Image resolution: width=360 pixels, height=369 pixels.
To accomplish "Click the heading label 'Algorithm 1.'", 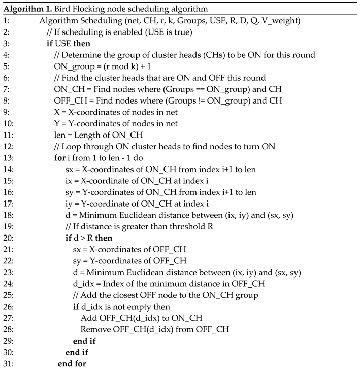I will point(23,6).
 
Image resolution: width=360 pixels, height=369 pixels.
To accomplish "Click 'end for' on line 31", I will point(72,363).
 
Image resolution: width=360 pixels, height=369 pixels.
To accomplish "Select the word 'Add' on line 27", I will point(88,317).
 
